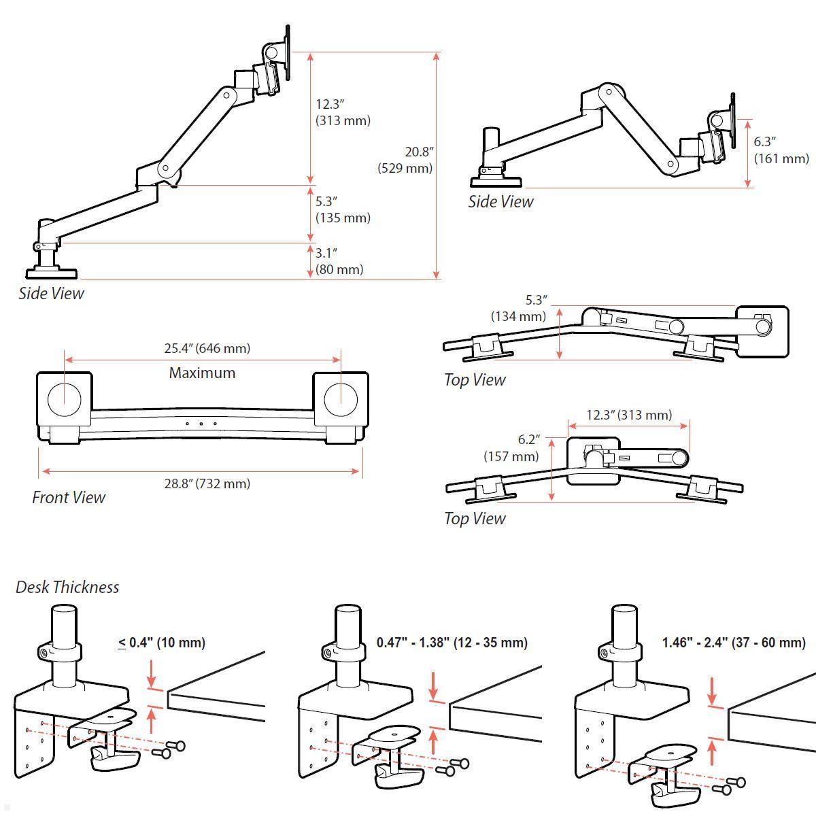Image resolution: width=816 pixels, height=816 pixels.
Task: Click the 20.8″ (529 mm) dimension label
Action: click(405, 160)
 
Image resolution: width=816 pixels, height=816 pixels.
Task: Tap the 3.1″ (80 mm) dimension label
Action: click(339, 261)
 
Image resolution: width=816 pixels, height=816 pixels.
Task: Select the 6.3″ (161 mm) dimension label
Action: click(781, 150)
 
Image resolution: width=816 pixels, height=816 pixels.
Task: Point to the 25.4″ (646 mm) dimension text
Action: click(207, 348)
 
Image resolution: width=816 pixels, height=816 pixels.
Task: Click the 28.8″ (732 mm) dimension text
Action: click(207, 483)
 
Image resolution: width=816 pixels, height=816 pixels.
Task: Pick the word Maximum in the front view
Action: click(202, 373)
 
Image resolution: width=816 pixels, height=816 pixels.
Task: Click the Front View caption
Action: click(69, 497)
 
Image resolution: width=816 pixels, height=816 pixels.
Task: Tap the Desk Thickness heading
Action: click(67, 587)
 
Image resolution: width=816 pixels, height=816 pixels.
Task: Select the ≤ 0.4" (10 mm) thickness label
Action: click(162, 642)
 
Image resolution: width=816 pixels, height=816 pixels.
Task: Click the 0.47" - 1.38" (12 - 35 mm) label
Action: click(452, 642)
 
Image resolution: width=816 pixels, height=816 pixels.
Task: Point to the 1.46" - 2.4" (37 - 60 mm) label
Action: click(734, 642)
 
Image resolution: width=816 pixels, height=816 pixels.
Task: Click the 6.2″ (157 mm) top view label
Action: click(511, 448)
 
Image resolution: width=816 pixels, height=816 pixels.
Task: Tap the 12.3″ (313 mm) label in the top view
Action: click(629, 415)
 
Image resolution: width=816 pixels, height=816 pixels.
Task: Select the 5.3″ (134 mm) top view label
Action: click(518, 308)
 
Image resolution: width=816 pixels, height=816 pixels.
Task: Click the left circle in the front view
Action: click(65, 399)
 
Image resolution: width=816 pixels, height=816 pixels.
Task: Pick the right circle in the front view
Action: click(341, 399)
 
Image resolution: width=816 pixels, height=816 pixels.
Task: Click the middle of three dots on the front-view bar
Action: click(202, 424)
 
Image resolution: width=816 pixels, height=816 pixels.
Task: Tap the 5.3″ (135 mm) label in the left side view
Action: click(343, 209)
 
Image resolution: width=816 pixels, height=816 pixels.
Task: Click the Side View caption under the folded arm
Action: click(500, 201)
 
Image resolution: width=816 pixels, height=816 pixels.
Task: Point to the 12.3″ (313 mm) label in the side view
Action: click(343, 112)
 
